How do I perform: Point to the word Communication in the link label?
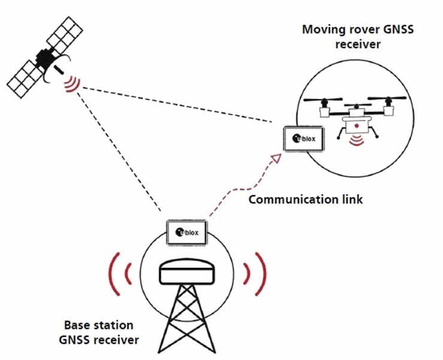click(283, 199)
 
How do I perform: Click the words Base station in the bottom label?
click(99, 326)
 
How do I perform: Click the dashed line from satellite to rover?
click(180, 106)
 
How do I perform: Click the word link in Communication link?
click(350, 199)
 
